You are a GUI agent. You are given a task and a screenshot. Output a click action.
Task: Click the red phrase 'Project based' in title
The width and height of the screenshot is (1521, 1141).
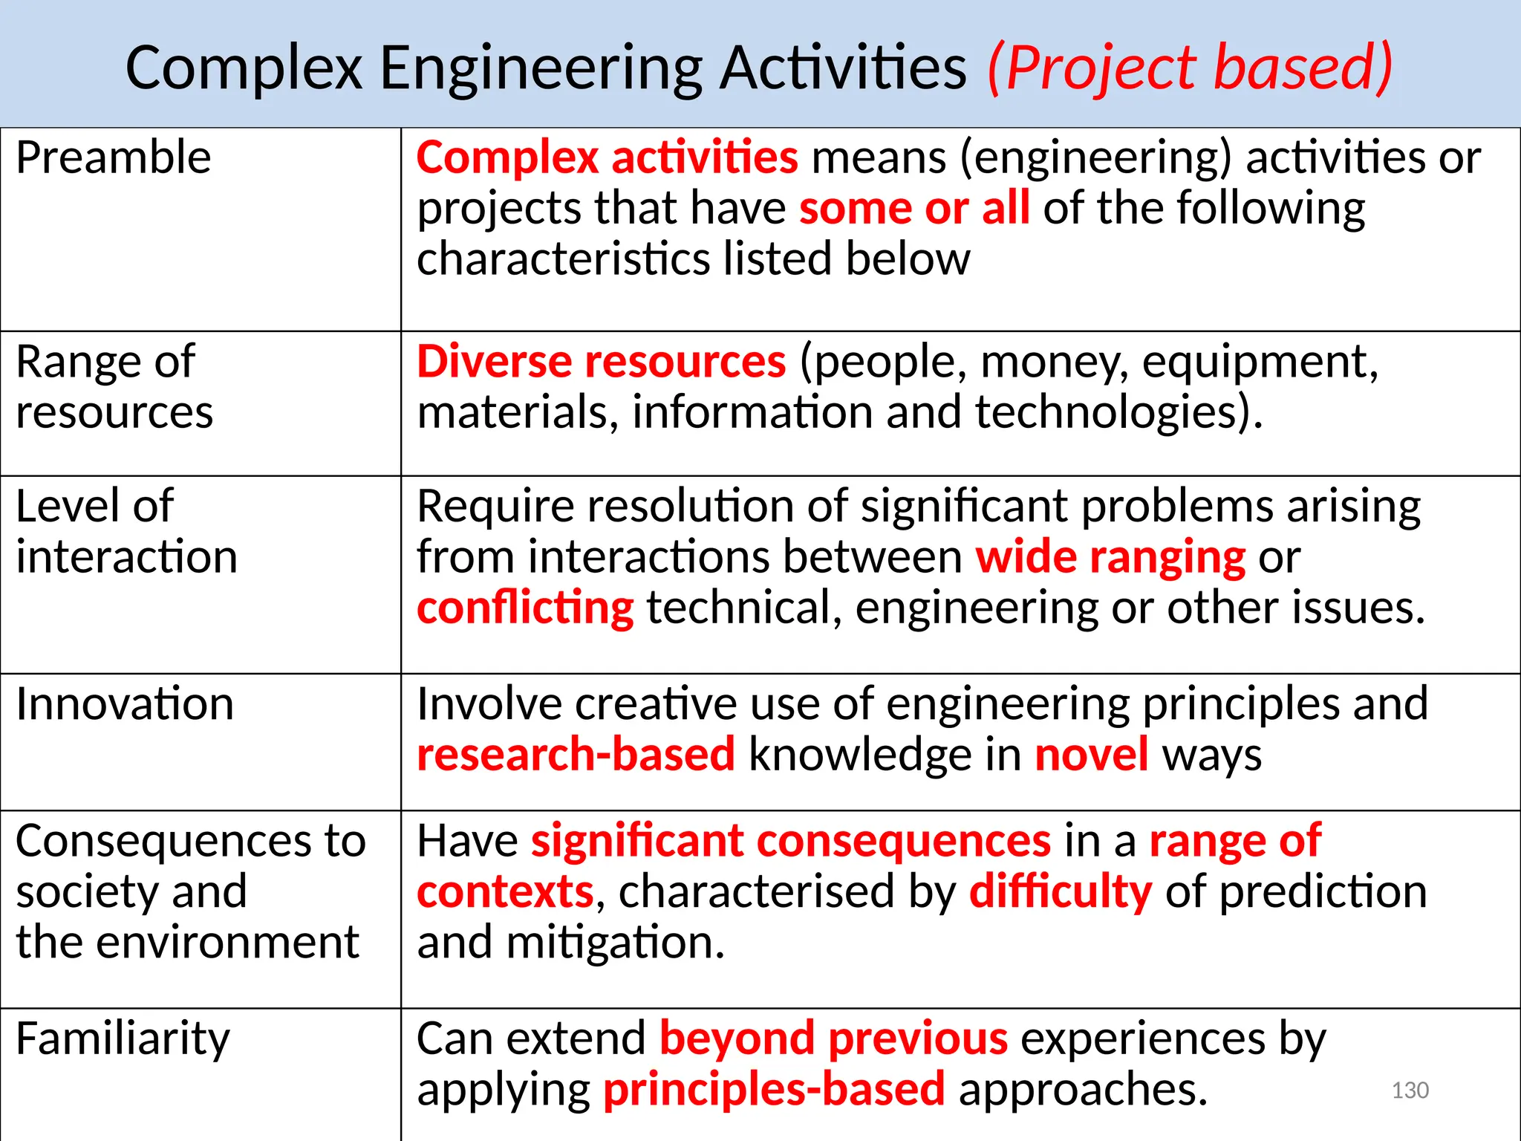pos(1190,68)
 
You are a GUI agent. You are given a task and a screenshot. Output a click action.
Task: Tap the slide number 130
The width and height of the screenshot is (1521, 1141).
pos(1410,1090)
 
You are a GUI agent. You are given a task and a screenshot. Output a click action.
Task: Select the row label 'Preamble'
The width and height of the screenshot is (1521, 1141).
pos(113,157)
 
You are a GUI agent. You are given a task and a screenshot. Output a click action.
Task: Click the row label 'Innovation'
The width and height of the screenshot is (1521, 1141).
pos(125,703)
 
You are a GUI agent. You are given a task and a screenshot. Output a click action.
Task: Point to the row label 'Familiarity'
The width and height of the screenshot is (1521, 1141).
pos(123,1038)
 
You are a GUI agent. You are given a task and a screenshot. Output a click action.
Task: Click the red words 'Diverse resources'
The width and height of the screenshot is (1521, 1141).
pos(601,362)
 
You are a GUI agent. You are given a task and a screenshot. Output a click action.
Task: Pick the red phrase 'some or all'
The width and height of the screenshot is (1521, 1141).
pos(914,208)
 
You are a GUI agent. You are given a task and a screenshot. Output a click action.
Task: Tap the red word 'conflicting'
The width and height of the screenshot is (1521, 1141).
pos(525,608)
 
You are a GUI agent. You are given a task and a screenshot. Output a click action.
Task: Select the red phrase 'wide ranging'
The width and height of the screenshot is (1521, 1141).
pos(1110,557)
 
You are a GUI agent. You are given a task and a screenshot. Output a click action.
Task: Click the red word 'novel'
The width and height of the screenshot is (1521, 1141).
pos(1091,755)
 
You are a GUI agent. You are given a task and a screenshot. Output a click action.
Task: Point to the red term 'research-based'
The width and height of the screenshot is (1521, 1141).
pos(576,755)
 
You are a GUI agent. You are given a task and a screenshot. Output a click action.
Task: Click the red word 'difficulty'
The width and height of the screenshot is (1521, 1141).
pos(1061,891)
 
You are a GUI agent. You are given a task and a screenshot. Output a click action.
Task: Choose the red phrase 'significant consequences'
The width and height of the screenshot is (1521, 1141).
pos(791,841)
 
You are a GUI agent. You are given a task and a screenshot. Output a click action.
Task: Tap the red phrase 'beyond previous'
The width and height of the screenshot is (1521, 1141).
pos(833,1038)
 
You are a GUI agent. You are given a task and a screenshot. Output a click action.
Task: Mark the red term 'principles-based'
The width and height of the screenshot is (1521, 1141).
pos(774,1090)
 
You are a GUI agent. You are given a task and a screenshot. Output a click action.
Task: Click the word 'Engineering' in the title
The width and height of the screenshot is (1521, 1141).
pos(541,68)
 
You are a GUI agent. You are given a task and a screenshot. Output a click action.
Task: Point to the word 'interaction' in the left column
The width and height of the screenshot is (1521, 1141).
pos(126,557)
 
